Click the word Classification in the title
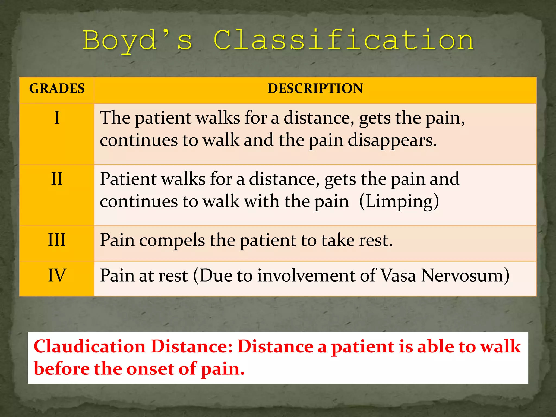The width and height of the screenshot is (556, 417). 344,40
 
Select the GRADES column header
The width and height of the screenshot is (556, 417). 57,89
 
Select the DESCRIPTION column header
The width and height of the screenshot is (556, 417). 315,89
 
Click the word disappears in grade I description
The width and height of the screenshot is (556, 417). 392,141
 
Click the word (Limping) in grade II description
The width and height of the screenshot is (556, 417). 399,202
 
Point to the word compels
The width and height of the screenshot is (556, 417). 172,241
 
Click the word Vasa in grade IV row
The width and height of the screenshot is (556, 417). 398,276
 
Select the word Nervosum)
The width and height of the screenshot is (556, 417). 465,276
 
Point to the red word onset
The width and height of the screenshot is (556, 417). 150,369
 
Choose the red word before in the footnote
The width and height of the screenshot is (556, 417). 62,369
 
